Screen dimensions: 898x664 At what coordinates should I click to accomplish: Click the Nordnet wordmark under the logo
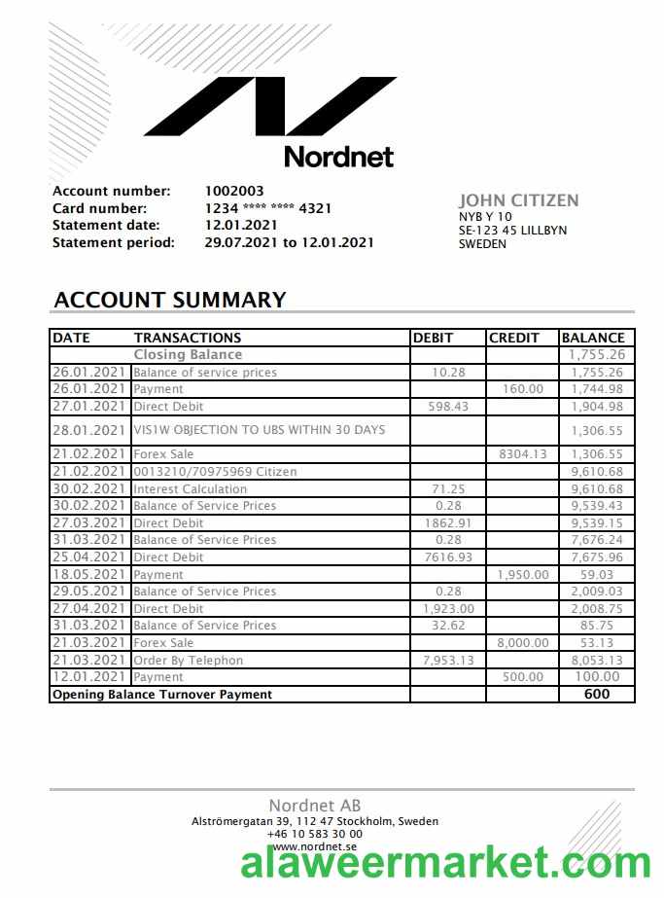[x=338, y=156]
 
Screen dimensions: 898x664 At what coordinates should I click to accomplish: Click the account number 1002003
[x=234, y=191]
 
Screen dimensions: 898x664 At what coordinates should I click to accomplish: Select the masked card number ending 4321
[x=268, y=208]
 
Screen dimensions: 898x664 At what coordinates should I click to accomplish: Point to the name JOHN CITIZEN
[x=518, y=200]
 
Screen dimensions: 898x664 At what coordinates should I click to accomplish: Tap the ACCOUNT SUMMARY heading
[x=170, y=300]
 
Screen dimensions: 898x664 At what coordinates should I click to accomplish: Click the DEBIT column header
[x=434, y=338]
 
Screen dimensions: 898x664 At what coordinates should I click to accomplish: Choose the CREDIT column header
[x=514, y=338]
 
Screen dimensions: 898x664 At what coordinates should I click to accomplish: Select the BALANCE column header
[x=593, y=338]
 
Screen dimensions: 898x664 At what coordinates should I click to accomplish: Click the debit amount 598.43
[x=448, y=407]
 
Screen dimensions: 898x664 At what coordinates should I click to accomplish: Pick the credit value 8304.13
[x=523, y=454]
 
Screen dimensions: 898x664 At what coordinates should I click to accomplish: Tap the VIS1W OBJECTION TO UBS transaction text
[x=260, y=430]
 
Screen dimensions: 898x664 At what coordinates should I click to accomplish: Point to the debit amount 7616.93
[x=448, y=557]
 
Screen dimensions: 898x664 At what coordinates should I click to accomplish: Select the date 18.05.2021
[x=89, y=575]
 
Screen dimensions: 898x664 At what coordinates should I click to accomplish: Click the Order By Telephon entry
[x=189, y=661]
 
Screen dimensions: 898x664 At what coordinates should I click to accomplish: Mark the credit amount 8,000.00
[x=522, y=643]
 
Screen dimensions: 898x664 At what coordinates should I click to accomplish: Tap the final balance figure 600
[x=597, y=695]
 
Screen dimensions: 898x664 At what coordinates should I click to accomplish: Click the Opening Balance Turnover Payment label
[x=162, y=695]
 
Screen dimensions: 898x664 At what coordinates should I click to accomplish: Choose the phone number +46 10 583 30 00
[x=315, y=834]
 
